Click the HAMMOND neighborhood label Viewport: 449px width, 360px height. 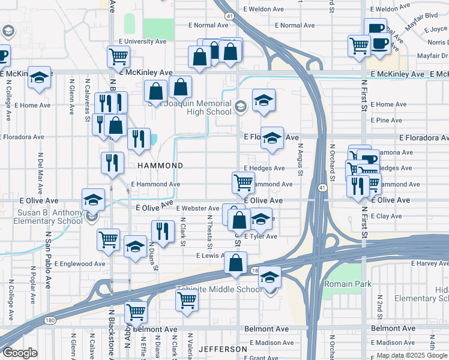[160, 165]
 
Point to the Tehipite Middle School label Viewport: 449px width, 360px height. [219, 290]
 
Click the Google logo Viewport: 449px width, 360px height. [20, 353]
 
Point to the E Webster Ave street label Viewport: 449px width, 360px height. [197, 208]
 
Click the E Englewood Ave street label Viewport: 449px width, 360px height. [80, 263]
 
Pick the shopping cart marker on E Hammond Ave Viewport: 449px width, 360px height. [243, 181]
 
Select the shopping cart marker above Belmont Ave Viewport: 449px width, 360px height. [136, 312]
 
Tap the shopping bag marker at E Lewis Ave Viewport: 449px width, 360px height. [237, 262]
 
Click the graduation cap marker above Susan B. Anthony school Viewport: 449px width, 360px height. [93, 199]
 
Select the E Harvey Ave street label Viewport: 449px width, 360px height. [430, 263]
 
